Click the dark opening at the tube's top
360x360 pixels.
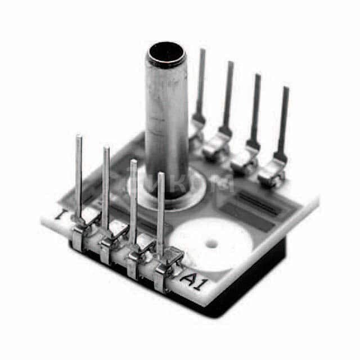click(x=166, y=55)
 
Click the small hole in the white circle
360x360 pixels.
click(x=213, y=244)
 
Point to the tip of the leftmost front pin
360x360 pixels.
click(x=79, y=137)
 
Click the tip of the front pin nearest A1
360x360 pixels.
click(x=161, y=174)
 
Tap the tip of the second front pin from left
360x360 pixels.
click(x=106, y=149)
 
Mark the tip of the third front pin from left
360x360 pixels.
click(x=133, y=162)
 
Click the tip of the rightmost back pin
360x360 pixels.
click(x=285, y=89)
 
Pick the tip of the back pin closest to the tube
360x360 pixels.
click(x=202, y=51)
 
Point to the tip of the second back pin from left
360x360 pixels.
click(x=230, y=63)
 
